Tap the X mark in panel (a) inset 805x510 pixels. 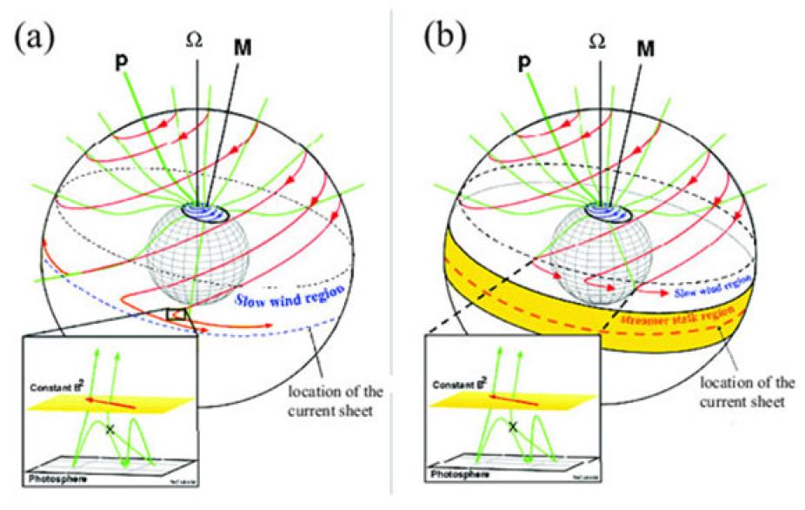(x=110, y=429)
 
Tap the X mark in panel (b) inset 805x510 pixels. (x=514, y=426)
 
